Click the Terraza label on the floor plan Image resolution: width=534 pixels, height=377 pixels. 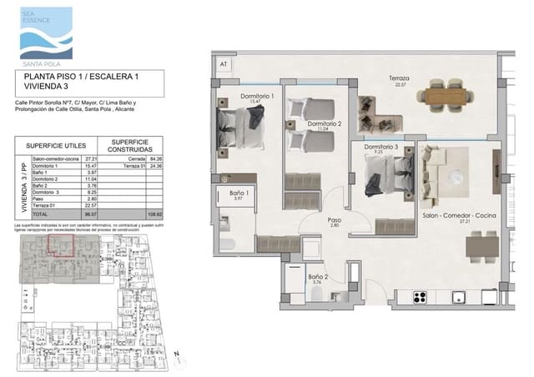(x=399, y=79)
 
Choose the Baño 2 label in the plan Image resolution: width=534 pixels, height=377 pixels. (x=317, y=278)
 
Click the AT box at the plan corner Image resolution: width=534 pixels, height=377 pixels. (x=222, y=63)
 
